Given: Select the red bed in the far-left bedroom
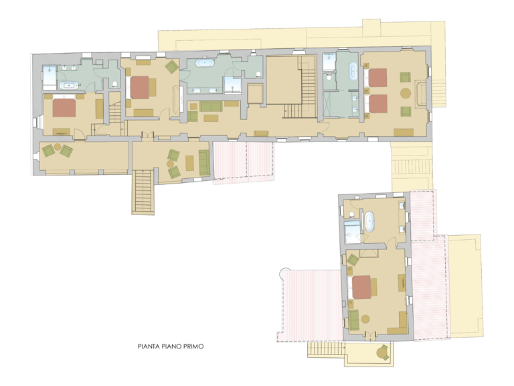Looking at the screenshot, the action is [64, 108].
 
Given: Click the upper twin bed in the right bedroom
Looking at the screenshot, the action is [377, 78].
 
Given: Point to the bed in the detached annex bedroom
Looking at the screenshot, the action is [361, 287].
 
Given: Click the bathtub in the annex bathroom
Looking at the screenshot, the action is [369, 222].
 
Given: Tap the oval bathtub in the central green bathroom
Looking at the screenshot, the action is [205, 63].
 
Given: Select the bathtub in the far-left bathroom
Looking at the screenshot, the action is [69, 85].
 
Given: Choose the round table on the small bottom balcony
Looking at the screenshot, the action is [382, 353].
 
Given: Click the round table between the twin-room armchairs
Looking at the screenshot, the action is [406, 93].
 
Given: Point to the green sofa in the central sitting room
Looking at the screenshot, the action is [211, 107].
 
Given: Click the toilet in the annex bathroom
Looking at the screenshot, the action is [352, 214].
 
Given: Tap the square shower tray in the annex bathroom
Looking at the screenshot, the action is [353, 232].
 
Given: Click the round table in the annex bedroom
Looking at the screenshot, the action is [365, 319].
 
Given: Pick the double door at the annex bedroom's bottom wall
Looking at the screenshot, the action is [370, 336].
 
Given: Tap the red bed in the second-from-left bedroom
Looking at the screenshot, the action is [140, 87].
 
